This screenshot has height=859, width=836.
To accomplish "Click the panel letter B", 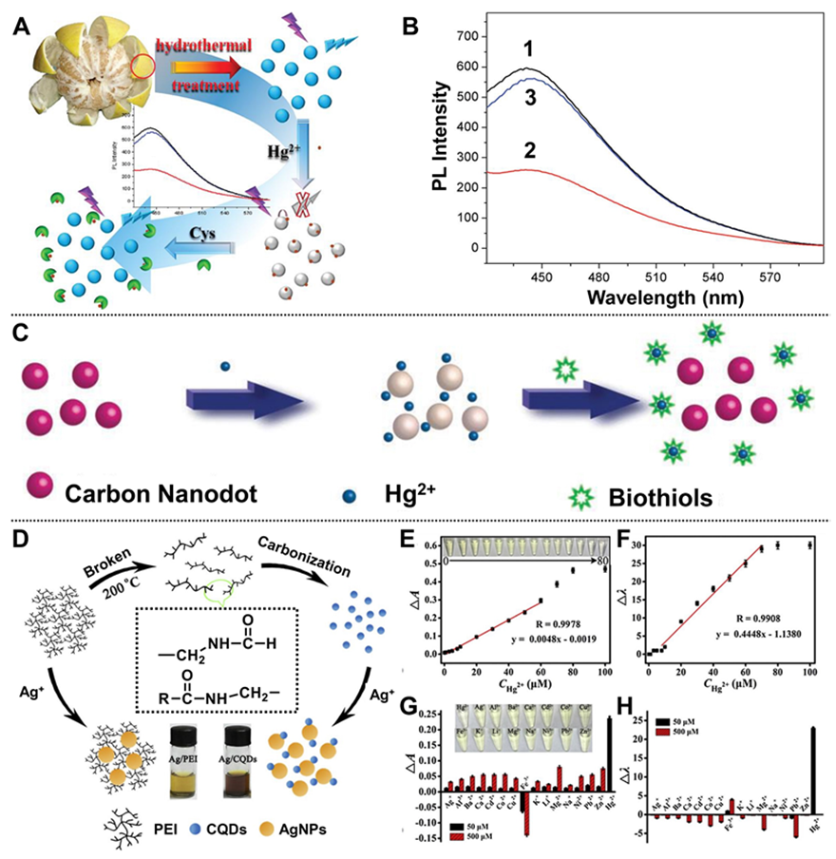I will [410, 28].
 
